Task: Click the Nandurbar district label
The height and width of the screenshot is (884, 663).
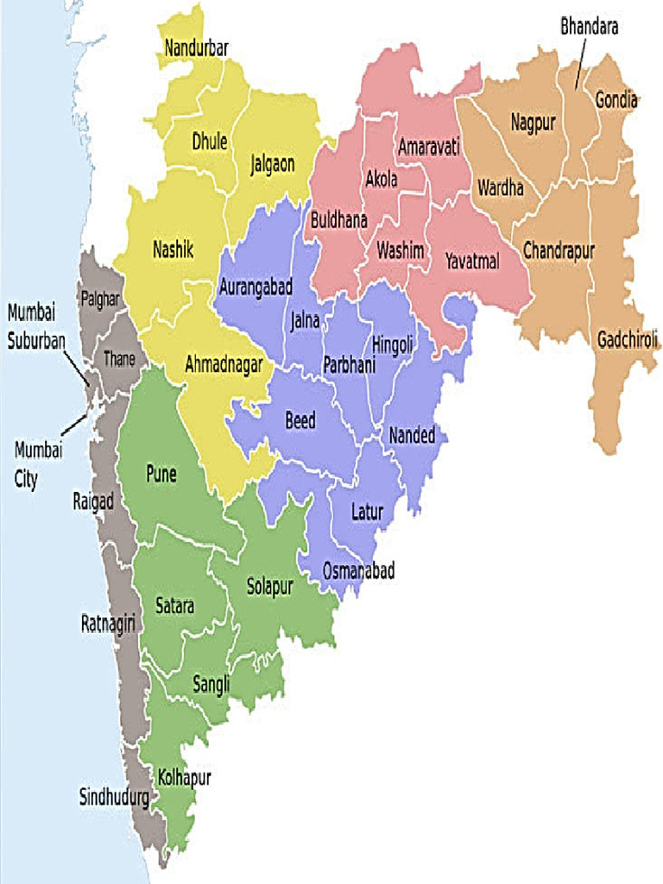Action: tap(196, 48)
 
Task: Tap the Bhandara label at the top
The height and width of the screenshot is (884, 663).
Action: tap(590, 27)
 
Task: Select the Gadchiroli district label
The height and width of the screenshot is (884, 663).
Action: tap(628, 340)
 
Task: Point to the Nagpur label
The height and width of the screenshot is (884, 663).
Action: tap(533, 123)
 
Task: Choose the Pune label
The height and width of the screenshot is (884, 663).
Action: tap(161, 473)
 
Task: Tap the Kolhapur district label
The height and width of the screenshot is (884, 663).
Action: tap(185, 778)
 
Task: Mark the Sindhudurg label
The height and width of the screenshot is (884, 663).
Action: tap(114, 797)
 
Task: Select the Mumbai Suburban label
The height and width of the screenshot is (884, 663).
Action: tap(36, 326)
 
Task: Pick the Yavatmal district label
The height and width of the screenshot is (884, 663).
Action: tap(472, 261)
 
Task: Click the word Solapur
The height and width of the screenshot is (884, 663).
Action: tap(270, 586)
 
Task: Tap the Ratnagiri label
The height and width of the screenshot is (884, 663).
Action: tap(109, 622)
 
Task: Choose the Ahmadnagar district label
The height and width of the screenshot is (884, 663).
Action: tap(224, 365)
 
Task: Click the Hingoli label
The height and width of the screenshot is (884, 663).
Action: tap(393, 344)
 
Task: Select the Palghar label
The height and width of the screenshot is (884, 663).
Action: tap(100, 300)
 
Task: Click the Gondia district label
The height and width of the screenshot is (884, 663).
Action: tap(616, 100)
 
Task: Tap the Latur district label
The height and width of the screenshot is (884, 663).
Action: tap(367, 512)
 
